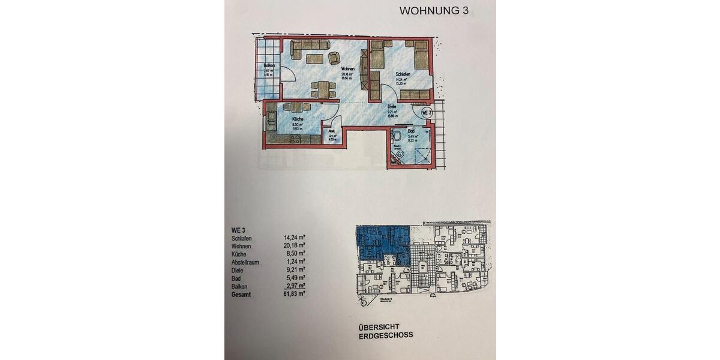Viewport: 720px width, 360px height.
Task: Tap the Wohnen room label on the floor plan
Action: pyautogui.click(x=347, y=69)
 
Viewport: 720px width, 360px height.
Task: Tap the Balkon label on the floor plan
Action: pyautogui.click(x=269, y=65)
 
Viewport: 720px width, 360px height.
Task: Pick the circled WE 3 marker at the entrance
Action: pyautogui.click(x=427, y=112)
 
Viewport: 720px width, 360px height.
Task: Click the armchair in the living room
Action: pyautogui.click(x=333, y=58)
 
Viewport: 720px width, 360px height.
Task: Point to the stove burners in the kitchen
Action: pyautogui.click(x=295, y=139)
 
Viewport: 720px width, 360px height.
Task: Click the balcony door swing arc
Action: pyautogui.click(x=287, y=77)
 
